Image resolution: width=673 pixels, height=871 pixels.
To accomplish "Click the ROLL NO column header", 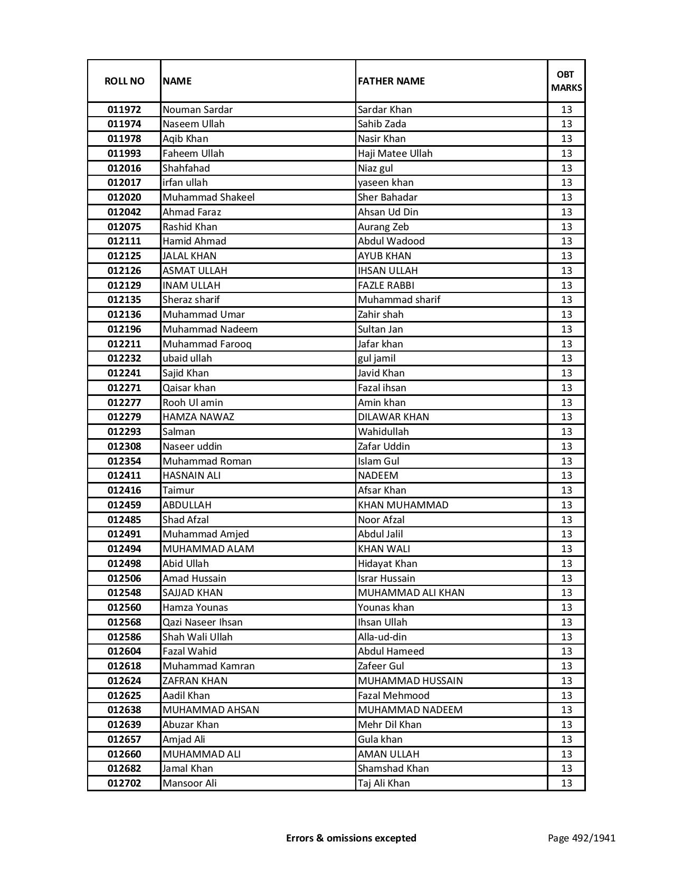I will click(124, 81).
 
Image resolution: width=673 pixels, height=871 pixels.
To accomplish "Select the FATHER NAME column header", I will click(391, 81).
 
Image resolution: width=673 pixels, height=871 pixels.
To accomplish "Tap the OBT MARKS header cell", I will click(566, 81).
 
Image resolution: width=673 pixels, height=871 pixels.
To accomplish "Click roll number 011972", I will click(124, 110).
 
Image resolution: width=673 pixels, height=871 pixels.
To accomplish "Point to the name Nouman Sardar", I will click(197, 110).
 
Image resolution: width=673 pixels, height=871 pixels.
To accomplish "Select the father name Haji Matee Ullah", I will click(395, 154).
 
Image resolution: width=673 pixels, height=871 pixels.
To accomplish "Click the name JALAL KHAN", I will click(189, 256).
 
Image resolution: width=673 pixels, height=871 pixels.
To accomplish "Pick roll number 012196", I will click(124, 329).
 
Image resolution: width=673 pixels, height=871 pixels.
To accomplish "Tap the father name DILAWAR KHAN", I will click(393, 417).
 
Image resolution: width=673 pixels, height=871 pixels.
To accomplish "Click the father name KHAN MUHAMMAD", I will click(403, 505).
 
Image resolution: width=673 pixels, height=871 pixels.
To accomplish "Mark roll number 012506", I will click(124, 579).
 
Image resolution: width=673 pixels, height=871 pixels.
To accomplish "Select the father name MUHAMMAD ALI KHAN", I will click(411, 593).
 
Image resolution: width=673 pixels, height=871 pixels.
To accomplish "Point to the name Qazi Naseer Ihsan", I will click(203, 622).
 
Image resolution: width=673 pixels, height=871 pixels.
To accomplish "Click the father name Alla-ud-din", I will click(382, 637).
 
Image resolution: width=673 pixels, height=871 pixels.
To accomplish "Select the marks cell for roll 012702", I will click(566, 783).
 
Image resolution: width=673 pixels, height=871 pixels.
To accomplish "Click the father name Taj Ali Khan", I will click(384, 783).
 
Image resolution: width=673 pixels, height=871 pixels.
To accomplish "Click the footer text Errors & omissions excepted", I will click(351, 838).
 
